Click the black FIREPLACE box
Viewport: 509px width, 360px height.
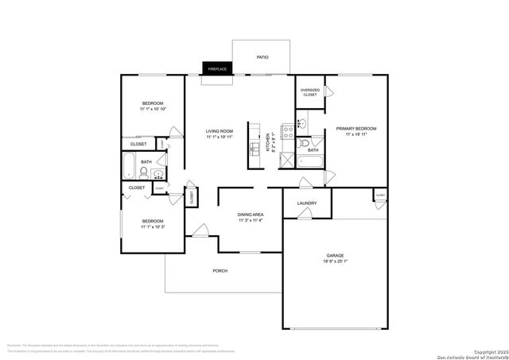(x=217, y=69)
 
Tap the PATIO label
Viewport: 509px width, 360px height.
(x=262, y=57)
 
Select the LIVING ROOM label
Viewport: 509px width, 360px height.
(x=219, y=132)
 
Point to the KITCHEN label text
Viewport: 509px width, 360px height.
(x=269, y=143)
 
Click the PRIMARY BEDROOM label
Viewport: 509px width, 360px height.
(x=356, y=128)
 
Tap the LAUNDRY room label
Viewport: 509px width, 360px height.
(x=307, y=203)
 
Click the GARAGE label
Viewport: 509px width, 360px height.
(x=335, y=256)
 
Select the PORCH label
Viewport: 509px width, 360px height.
(x=220, y=271)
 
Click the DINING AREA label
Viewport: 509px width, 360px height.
(x=251, y=215)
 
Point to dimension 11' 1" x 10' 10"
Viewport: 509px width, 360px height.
(x=153, y=109)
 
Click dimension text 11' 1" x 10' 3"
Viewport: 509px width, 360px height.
(x=153, y=227)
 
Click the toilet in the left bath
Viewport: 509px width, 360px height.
(x=144, y=173)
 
